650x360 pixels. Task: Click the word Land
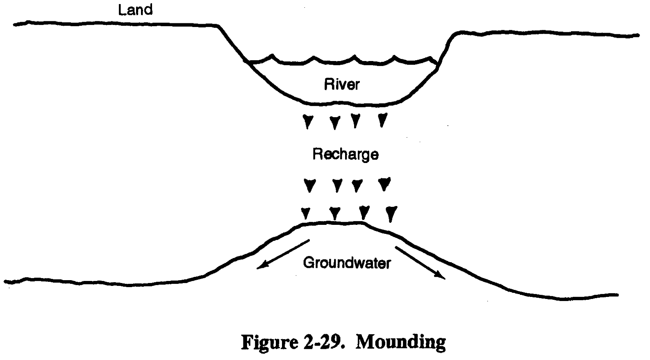135,10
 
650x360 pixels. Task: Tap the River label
342,84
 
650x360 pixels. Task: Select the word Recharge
345,155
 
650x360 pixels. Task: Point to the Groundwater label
347,263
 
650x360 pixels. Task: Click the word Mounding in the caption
400,342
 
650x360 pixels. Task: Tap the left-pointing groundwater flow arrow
283,254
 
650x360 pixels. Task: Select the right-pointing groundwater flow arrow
420,263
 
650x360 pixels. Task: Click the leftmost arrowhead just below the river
308,122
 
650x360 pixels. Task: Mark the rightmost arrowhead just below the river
382,120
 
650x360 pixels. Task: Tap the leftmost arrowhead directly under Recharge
310,185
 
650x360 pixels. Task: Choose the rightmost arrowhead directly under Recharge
384,184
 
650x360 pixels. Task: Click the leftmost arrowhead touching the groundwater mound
305,213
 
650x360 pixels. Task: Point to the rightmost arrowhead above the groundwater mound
391,214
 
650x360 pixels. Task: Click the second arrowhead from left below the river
335,122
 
